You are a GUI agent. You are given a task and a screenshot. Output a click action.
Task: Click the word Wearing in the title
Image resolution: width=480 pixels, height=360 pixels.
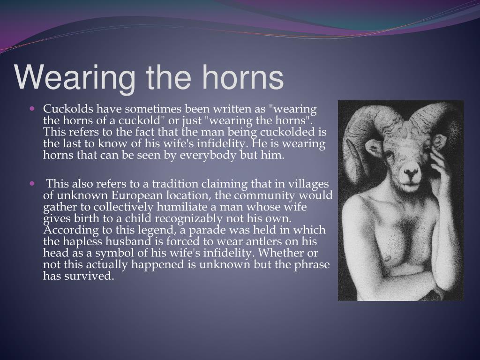pyautogui.click(x=75, y=78)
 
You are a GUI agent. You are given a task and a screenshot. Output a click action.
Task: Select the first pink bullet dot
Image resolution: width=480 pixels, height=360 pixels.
pyautogui.click(x=32, y=108)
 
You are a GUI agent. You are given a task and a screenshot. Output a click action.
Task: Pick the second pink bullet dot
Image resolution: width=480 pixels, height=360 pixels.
pyautogui.click(x=32, y=184)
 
